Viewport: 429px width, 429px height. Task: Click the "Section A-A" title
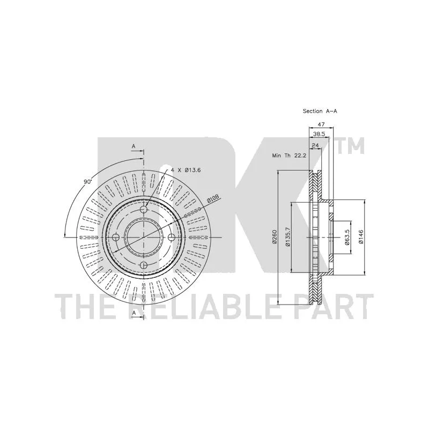(x=320, y=111)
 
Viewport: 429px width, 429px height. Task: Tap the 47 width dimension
(x=321, y=124)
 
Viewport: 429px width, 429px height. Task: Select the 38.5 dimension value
(x=319, y=134)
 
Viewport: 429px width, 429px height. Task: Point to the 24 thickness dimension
(x=315, y=145)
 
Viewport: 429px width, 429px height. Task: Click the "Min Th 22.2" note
(x=289, y=156)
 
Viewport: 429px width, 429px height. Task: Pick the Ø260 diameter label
(x=275, y=237)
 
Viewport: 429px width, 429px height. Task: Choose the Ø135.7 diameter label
(x=287, y=237)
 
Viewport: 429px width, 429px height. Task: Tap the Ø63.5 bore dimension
(x=346, y=237)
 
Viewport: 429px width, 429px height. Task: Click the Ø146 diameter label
(x=361, y=237)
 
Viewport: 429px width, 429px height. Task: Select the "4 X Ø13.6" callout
(x=186, y=170)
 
